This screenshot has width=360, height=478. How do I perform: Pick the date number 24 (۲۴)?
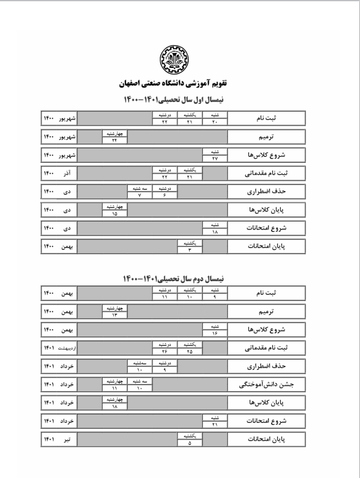[114, 140]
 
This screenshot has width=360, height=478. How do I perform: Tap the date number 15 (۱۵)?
[114, 214]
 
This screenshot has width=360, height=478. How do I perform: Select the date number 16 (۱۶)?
[215, 333]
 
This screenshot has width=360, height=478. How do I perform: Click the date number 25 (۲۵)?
[190, 351]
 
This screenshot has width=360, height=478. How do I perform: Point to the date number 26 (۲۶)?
[164, 351]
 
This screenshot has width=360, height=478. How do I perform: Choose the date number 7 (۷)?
[139, 196]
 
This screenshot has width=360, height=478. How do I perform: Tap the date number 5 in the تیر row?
[190, 444]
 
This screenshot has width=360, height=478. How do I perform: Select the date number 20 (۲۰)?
[215, 122]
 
